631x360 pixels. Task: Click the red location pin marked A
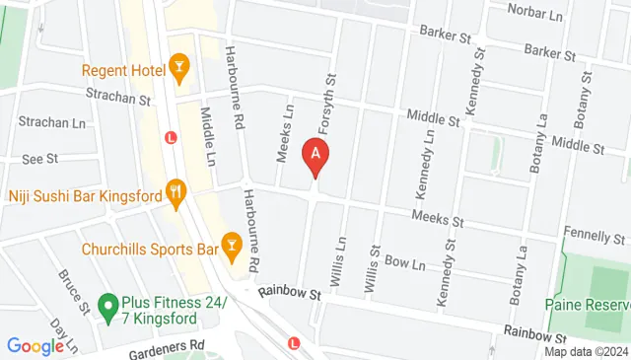(x=315, y=156)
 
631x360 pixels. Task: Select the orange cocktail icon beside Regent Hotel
(x=178, y=67)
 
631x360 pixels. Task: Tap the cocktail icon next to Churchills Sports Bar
(x=233, y=244)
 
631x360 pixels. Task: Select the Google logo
(x=35, y=346)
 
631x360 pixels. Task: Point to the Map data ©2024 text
(x=586, y=351)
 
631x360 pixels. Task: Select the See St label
(x=40, y=158)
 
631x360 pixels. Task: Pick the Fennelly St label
(x=596, y=238)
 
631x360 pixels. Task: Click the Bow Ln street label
(x=404, y=264)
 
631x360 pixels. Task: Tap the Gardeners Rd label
(x=172, y=344)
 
